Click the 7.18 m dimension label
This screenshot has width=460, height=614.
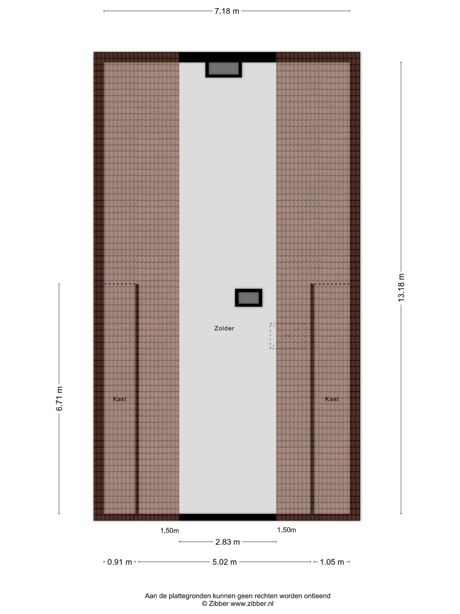227,11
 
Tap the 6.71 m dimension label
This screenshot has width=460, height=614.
59,398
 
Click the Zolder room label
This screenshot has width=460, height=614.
224,328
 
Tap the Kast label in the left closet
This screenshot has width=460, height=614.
120,399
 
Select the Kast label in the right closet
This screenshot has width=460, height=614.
332,399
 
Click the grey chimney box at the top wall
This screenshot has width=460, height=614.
224,69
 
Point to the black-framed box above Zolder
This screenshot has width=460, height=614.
248,298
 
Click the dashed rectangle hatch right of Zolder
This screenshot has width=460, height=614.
288,336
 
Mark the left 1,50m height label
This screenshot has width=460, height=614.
169,531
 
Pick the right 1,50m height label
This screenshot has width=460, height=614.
287,530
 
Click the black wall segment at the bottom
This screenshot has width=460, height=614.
228,517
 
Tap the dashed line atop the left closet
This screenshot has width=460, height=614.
120,284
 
